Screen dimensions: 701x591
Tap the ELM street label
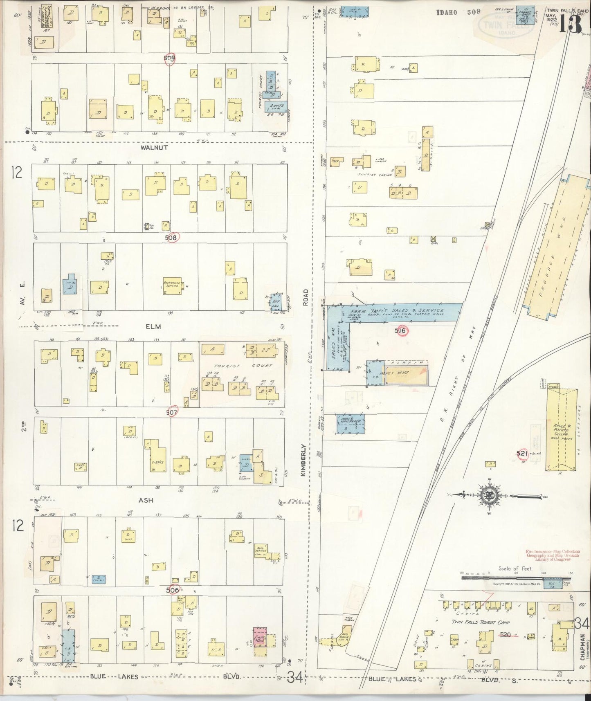153,326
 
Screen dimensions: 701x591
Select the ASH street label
146,500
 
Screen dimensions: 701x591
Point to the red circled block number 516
401,330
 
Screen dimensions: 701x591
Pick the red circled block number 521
521,453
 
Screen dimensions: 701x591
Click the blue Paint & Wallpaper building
351,424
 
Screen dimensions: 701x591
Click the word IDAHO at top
447,12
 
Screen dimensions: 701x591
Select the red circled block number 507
172,413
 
